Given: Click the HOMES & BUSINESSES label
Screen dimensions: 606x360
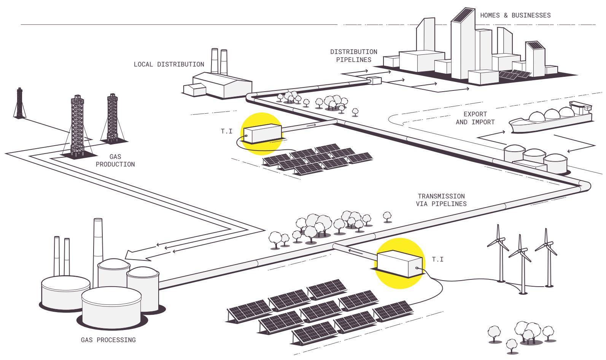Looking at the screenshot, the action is [x=515, y=16].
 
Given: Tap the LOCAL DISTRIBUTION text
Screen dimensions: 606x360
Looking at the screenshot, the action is [x=169, y=64].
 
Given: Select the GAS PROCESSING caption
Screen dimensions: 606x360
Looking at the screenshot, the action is [x=108, y=340].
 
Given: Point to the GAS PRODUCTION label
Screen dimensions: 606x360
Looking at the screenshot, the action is [x=115, y=160].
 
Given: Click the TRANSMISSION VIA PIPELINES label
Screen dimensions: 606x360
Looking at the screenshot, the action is [x=441, y=200].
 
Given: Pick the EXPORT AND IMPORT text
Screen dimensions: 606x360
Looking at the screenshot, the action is [x=475, y=118].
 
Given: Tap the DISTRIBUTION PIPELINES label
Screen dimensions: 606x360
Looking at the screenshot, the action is [x=353, y=56].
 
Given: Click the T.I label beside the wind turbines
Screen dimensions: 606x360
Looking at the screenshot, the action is [x=438, y=260].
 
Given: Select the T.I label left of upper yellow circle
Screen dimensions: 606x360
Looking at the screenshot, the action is [x=227, y=132].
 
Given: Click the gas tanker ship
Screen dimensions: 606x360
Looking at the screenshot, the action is [x=550, y=118].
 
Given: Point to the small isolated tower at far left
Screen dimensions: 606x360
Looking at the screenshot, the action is [x=19, y=103].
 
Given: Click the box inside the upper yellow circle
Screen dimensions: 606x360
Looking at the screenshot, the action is [x=263, y=133].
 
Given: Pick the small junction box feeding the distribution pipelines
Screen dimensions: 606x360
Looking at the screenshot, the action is [x=374, y=81].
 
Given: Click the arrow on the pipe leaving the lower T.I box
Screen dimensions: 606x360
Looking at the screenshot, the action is [x=355, y=252].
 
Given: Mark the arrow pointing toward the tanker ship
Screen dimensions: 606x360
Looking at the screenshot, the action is [x=491, y=135].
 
